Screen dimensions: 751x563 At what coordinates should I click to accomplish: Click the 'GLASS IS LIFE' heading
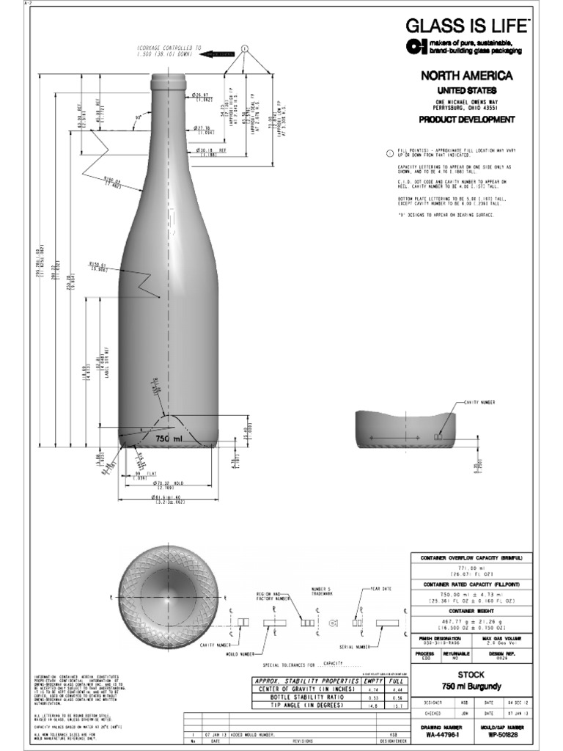tap(466, 28)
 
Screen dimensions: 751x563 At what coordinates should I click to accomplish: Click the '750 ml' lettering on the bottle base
tap(167, 438)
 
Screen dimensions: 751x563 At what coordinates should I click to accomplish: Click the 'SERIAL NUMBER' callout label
tap(355, 647)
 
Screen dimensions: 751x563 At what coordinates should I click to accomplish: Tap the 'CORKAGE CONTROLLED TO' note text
tap(169, 47)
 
